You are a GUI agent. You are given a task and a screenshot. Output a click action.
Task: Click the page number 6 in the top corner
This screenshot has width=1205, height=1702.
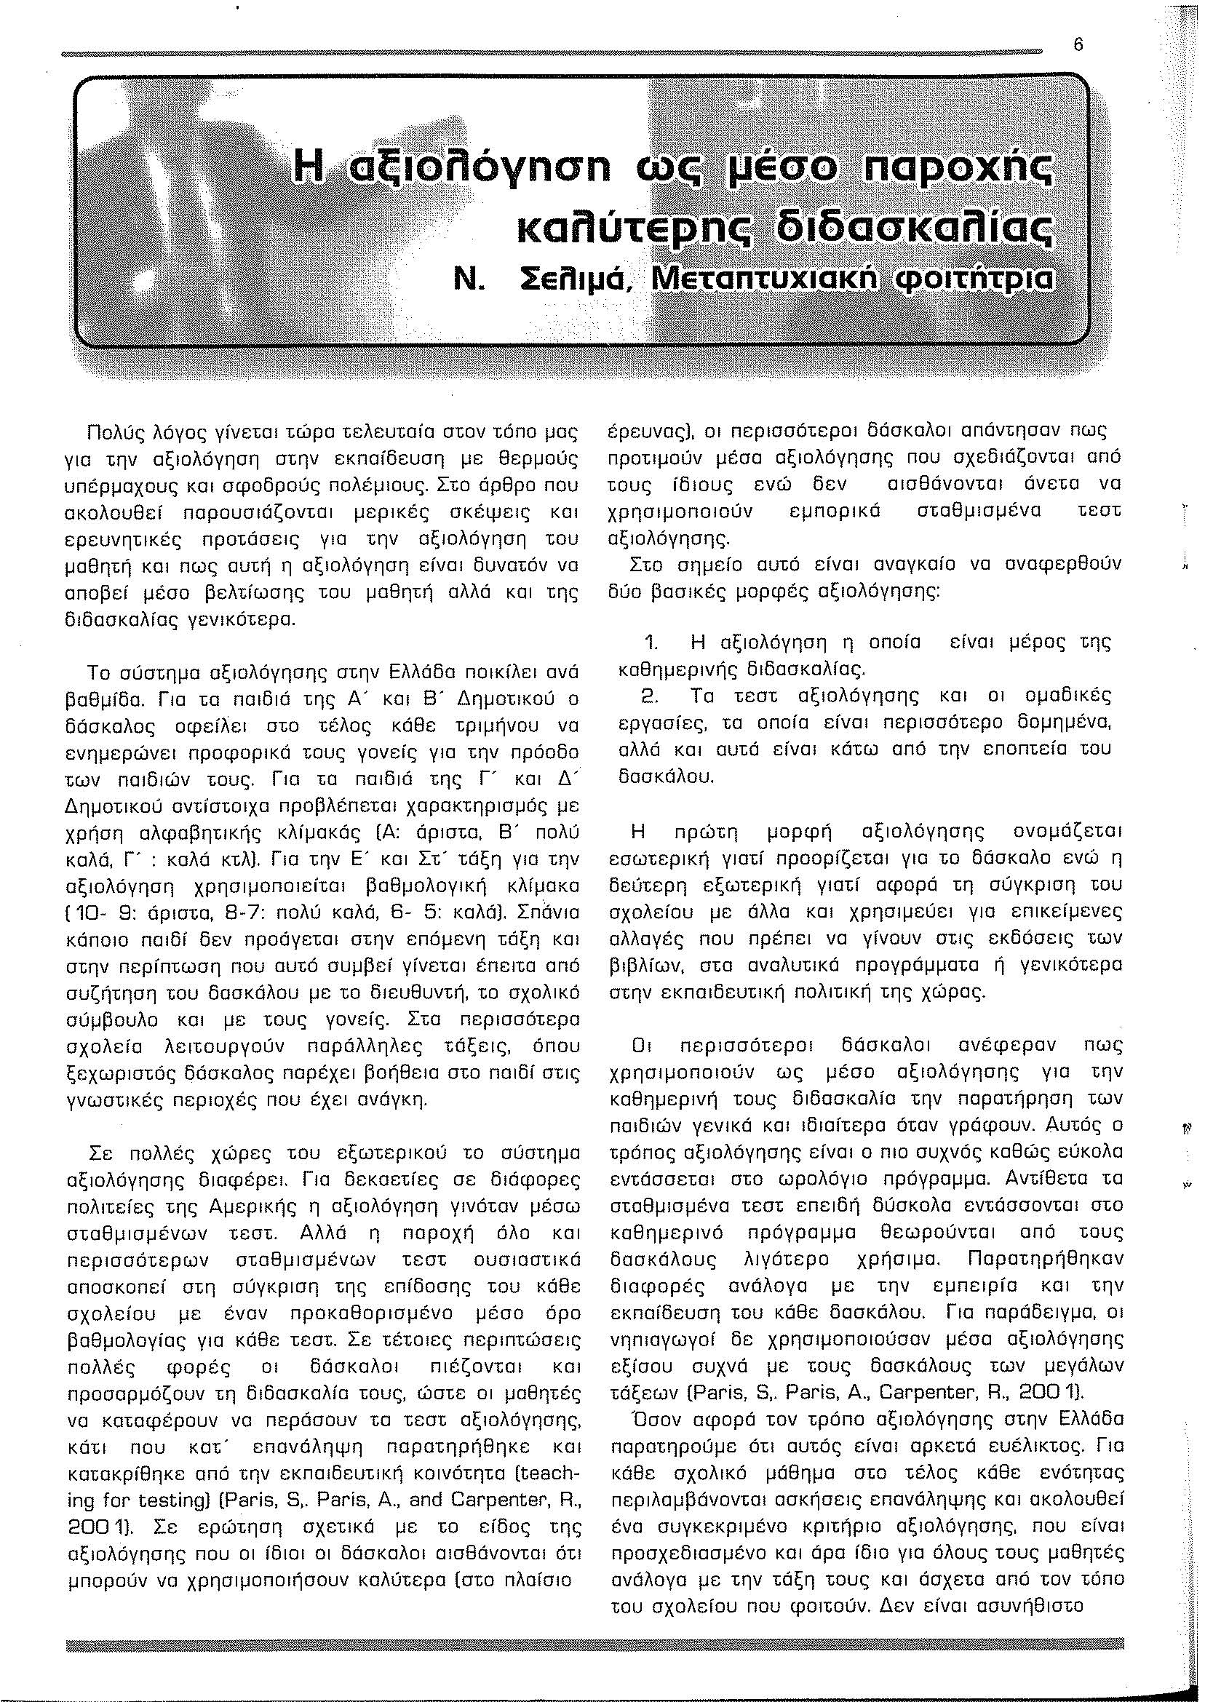[x=1079, y=45]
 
